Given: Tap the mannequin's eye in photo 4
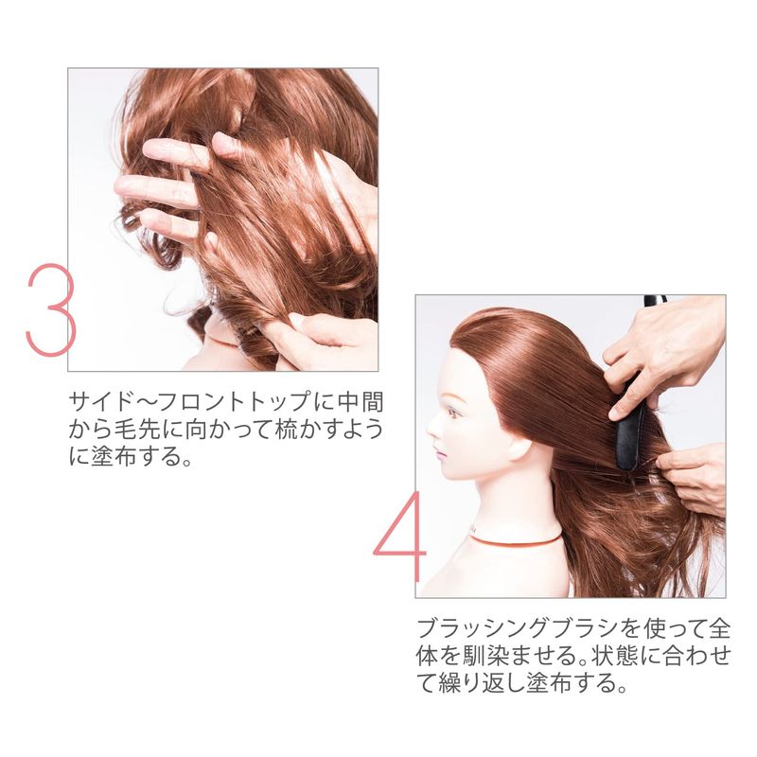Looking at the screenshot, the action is pyautogui.click(x=453, y=413).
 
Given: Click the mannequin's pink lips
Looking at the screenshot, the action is pyautogui.click(x=441, y=454).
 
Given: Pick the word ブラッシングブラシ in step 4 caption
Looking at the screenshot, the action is pyautogui.click(x=515, y=628).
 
